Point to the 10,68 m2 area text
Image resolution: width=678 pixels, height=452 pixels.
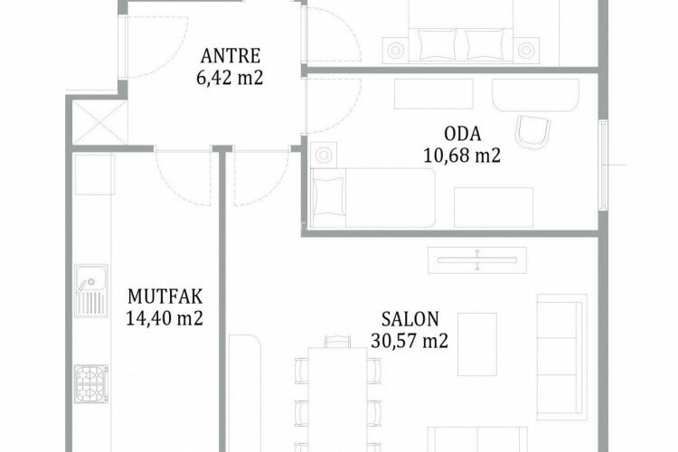(461, 155)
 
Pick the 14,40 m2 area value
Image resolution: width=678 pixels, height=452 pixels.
(165, 317)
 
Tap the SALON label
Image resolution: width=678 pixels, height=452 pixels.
(410, 319)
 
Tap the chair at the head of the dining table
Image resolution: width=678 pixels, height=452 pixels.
(335, 342)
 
